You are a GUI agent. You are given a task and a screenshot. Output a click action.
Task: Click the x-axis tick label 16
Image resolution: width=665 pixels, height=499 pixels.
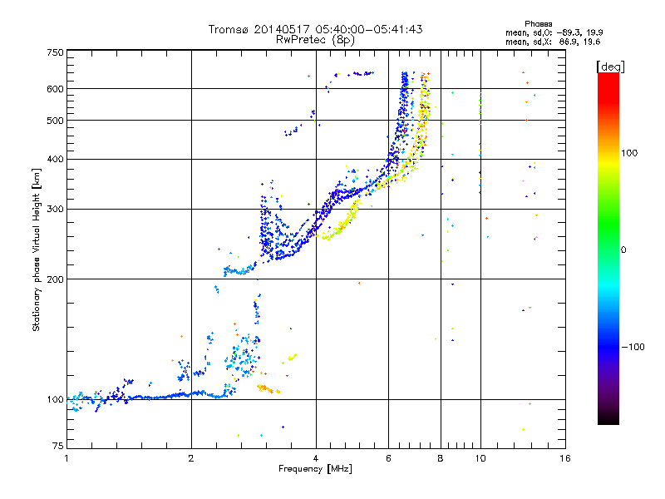pyautogui.click(x=564, y=459)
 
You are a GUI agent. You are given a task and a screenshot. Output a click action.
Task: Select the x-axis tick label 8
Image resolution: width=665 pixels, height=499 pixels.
pyautogui.click(x=441, y=459)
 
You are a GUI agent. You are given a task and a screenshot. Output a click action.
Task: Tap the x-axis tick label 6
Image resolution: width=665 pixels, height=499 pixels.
pyautogui.click(x=388, y=459)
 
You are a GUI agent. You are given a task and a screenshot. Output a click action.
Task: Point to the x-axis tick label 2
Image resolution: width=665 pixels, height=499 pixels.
pyautogui.click(x=191, y=459)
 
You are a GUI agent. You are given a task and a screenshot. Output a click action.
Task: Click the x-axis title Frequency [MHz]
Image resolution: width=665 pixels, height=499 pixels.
pyautogui.click(x=315, y=470)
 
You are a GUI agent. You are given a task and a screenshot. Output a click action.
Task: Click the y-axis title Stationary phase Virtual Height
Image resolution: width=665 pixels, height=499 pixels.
pyautogui.click(x=37, y=249)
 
